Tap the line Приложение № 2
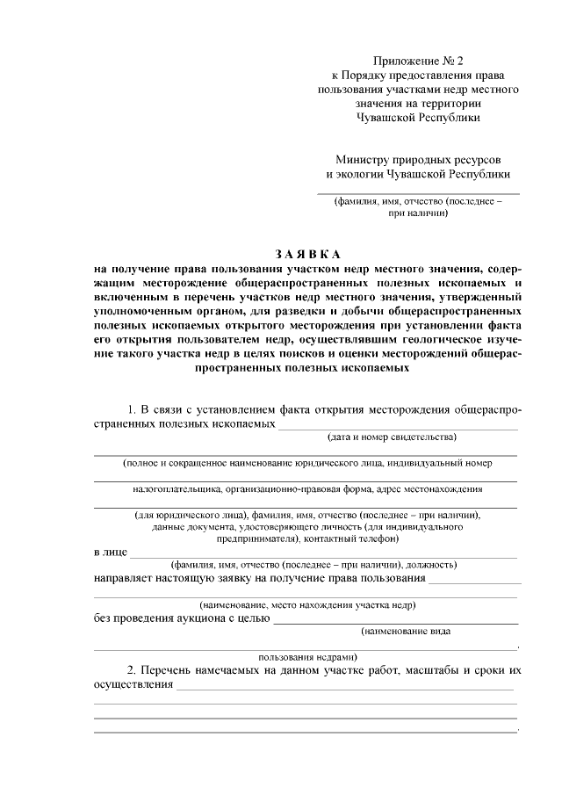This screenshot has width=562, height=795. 417,61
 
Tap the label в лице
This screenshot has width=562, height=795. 109,553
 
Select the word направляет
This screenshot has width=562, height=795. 126,579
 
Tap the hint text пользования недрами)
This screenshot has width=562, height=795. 306,655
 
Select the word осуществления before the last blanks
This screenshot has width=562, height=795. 133,685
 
